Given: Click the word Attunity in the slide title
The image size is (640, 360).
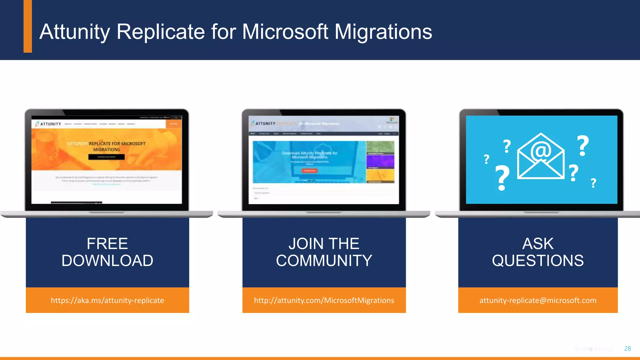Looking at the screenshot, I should pos(75,32).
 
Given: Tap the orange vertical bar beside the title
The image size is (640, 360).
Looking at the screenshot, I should pos(28,26).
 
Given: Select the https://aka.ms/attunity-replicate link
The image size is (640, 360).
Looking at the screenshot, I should pos(107,300).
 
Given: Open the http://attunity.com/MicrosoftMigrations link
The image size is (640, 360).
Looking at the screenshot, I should pos(324,300).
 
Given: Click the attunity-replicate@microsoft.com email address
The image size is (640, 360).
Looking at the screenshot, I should pos(538,300).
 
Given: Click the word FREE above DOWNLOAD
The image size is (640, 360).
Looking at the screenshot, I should pos(107,243).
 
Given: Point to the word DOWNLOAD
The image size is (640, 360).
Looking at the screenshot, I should pos(107,261).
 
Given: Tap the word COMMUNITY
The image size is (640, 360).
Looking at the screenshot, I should pos(324,261).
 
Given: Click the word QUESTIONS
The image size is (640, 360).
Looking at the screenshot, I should pos(538,261).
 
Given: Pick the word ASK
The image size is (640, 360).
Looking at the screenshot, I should pos(538,243).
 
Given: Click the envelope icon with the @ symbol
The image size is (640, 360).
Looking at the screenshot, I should pos(541,156).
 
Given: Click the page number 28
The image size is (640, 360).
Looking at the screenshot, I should pos(627,349).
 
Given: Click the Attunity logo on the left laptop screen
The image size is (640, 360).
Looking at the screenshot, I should pos(48,124).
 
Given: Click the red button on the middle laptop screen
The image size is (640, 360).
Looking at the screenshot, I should pos(309,171).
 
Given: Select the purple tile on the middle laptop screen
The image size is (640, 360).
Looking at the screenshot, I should pos(380,162).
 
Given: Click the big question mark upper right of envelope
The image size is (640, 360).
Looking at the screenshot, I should pos(583,146).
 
